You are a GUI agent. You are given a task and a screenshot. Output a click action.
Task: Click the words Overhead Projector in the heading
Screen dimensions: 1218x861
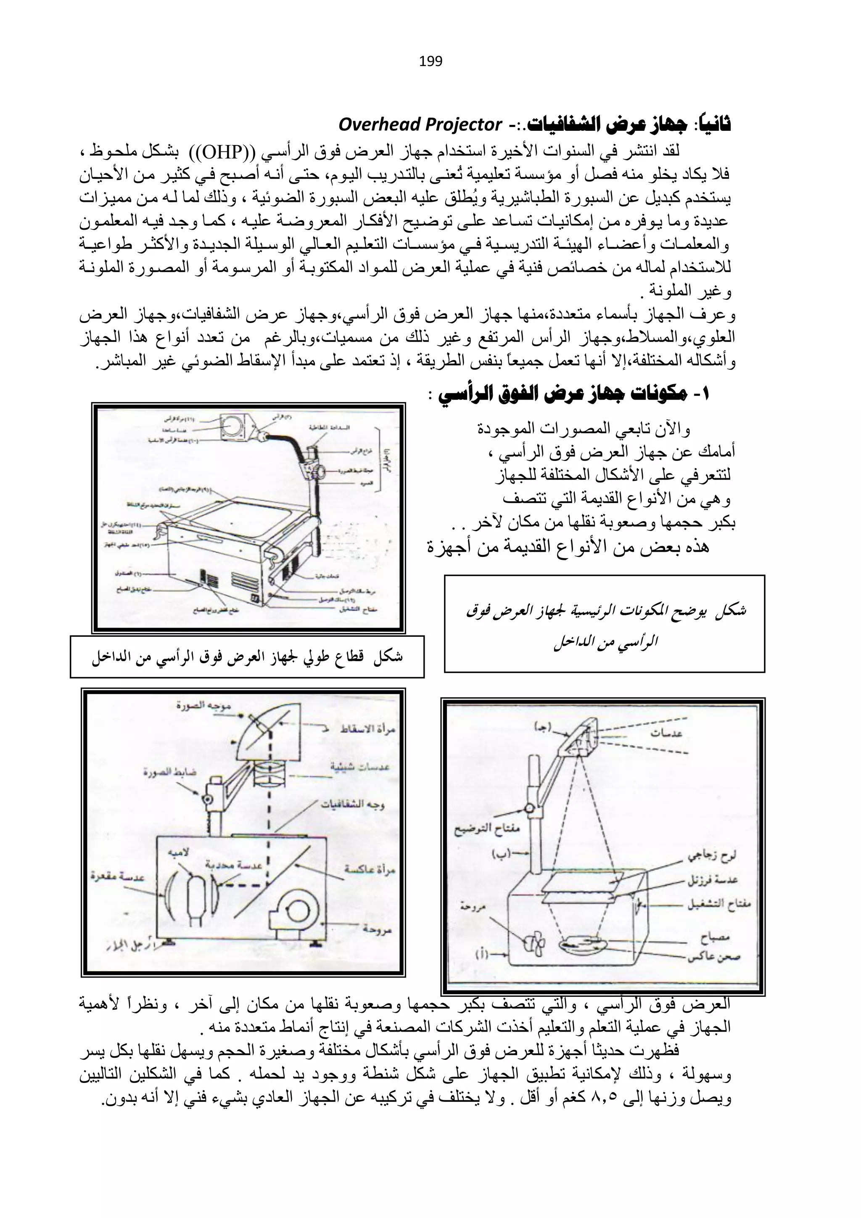[420, 125]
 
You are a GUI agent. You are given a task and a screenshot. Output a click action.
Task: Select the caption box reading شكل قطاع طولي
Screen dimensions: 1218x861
[247, 658]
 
